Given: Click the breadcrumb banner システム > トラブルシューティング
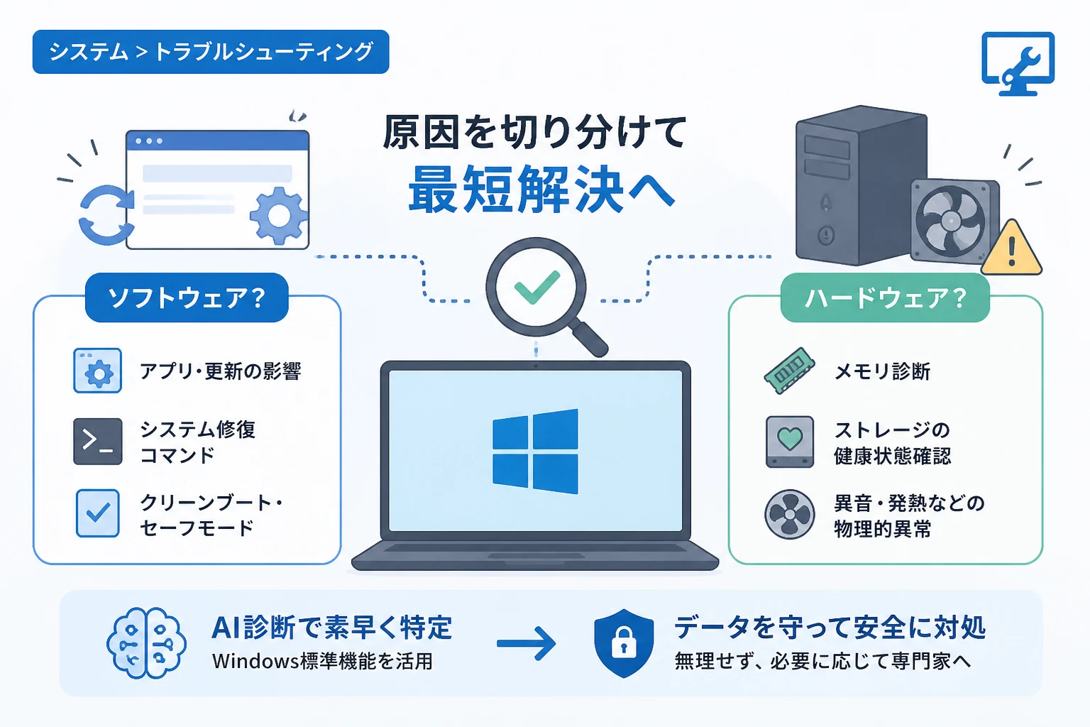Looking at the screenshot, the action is [x=211, y=52].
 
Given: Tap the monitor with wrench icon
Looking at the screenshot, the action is [x=1018, y=63].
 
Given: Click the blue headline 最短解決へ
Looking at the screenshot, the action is [x=541, y=190].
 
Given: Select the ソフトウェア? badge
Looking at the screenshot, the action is [x=187, y=297].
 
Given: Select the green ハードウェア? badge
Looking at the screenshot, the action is [x=885, y=297].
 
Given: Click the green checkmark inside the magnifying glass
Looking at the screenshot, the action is [x=537, y=287].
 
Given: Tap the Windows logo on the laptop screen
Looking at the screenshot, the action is [x=535, y=452].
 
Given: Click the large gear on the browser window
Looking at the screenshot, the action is [x=279, y=216].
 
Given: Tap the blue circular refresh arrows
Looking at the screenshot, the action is [x=106, y=214].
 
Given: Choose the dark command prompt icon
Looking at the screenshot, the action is [x=98, y=441].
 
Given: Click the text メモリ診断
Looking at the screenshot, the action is [x=882, y=371].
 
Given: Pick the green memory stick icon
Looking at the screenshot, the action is [x=789, y=371].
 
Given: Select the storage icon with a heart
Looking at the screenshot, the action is [x=790, y=442].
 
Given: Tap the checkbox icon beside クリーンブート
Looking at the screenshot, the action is [x=98, y=513].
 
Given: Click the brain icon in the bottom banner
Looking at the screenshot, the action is [x=146, y=643].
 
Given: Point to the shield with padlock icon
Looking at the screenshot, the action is [x=624, y=643].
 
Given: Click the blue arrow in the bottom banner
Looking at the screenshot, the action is [x=526, y=643].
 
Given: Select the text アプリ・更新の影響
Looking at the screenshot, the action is [x=221, y=371].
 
